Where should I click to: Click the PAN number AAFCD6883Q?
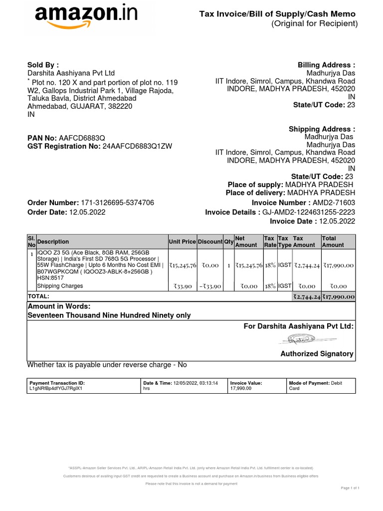point(82,137)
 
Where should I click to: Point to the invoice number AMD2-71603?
point(334,203)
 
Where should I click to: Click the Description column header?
point(53,242)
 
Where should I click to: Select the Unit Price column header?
point(183,242)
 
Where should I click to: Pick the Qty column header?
point(229,242)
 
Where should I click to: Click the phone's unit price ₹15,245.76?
point(183,266)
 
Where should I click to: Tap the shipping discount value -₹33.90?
point(210,286)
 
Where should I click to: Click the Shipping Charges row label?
point(60,286)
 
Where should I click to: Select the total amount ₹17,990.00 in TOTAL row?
point(339,296)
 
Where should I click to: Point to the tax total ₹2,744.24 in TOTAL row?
point(306,296)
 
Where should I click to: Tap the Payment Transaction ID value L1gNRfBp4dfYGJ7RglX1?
point(56,388)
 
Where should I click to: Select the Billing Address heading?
point(326,65)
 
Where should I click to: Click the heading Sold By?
point(43,65)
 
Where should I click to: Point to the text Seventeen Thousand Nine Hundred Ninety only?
point(109,315)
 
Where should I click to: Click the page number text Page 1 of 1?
point(350,488)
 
